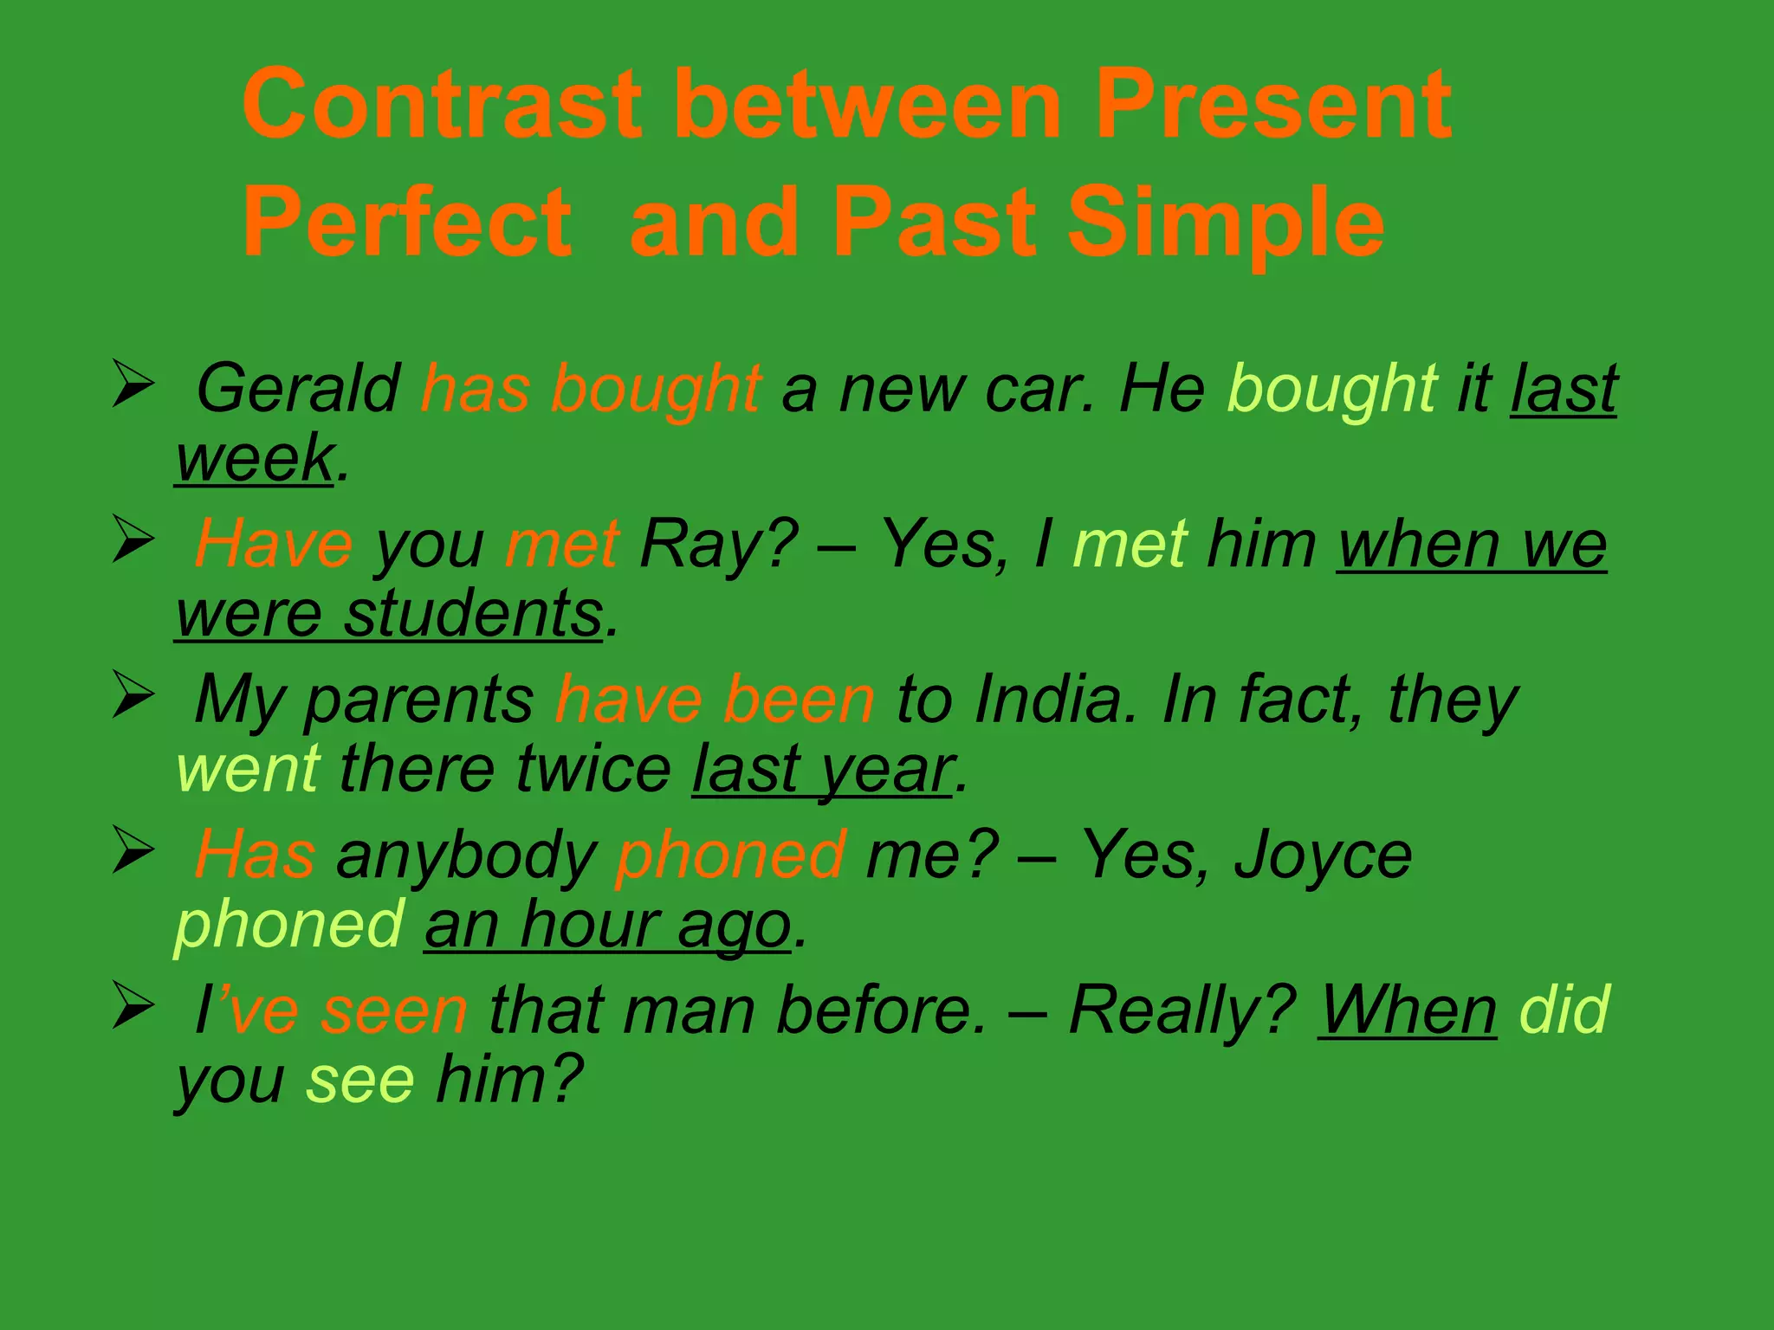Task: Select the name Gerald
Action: click(x=298, y=389)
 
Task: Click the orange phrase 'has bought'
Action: click(x=591, y=389)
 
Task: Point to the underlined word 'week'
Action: click(x=254, y=459)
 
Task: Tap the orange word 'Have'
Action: click(x=274, y=545)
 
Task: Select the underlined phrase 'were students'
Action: click(x=388, y=614)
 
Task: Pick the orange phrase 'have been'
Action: click(x=715, y=700)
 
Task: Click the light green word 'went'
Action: click(x=248, y=769)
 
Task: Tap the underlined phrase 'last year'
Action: click(x=822, y=769)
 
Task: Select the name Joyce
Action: click(x=1323, y=855)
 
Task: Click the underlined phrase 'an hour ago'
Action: click(x=607, y=925)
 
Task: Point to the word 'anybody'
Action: click(x=466, y=855)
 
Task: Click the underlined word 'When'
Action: click(x=1408, y=1010)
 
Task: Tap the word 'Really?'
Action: click(x=1182, y=1010)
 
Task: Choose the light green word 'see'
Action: click(x=360, y=1080)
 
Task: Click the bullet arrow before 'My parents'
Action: click(x=133, y=696)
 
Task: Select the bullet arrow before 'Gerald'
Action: click(x=133, y=385)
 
